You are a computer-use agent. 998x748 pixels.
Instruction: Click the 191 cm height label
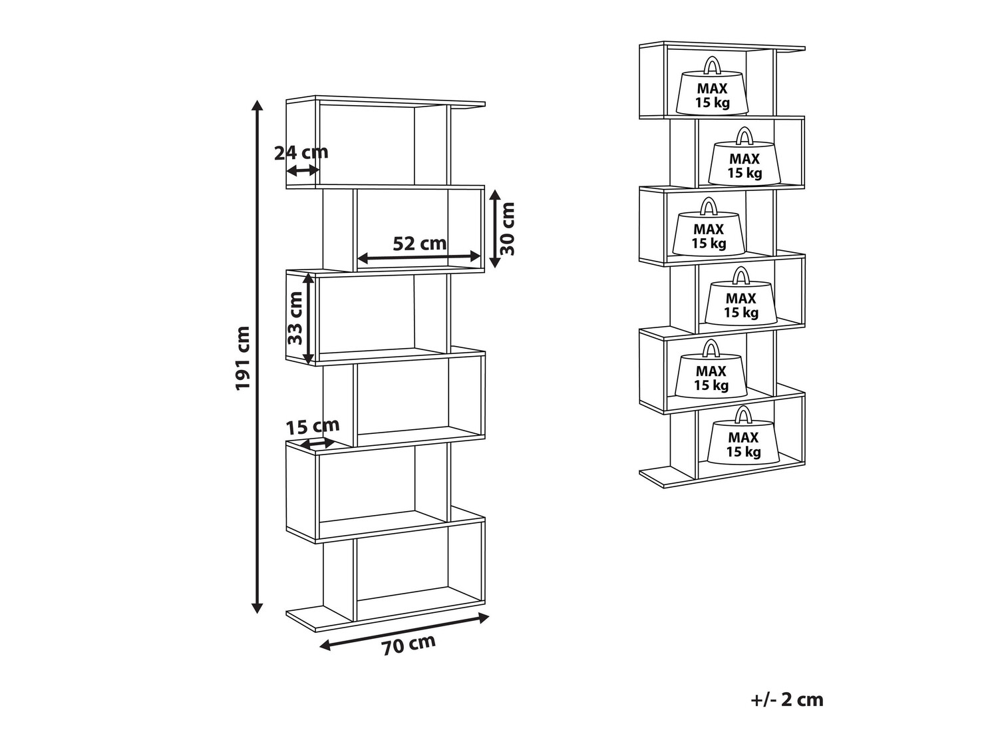(243, 358)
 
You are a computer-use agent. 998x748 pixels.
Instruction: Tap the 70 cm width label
(409, 646)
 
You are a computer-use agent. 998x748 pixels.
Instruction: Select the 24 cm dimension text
(301, 152)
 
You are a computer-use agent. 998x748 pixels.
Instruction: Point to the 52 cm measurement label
(419, 243)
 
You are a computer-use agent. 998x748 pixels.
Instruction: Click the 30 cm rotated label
(508, 229)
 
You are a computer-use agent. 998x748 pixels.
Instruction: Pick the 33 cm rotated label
(295, 317)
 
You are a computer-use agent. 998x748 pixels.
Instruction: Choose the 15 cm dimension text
(313, 426)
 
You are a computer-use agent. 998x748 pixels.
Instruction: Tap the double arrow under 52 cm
(419, 257)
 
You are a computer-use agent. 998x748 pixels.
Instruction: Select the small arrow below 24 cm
(303, 170)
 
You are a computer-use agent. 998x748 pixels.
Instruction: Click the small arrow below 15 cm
(318, 443)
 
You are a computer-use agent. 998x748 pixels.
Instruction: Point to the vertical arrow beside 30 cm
(494, 228)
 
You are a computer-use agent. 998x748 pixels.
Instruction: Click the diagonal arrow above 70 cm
(405, 630)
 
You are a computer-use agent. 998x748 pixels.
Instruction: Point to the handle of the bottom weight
(743, 415)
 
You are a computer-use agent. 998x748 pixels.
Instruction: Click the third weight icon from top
(709, 232)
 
